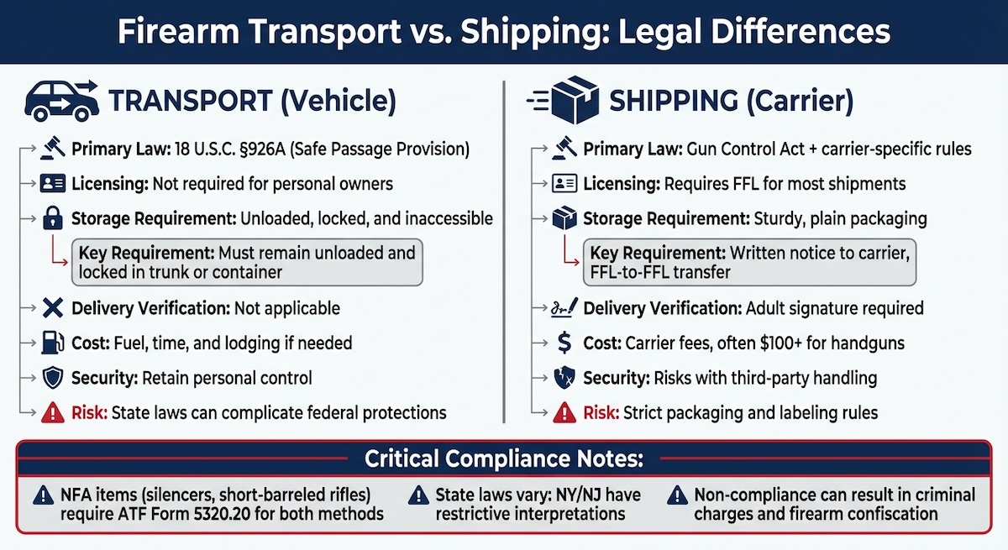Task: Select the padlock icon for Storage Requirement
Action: coord(52,219)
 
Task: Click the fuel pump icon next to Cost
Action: coord(52,343)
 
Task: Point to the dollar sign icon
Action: coord(565,343)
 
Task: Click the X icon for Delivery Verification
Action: coord(52,308)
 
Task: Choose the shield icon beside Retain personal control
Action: coord(52,378)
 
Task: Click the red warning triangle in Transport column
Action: coord(52,413)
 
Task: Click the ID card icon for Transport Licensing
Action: coord(52,184)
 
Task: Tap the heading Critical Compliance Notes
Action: coord(503,459)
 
